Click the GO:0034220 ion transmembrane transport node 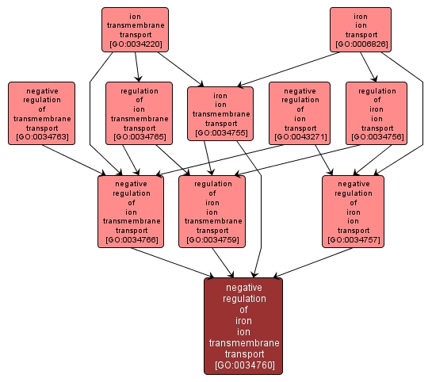coord(135,30)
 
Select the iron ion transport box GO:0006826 coord(361,30)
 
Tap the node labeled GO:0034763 coord(41,113)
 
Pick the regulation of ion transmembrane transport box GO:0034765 coord(140,113)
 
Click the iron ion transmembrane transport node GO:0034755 coord(220,114)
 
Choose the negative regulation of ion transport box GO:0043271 coord(300,113)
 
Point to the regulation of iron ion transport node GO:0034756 coord(377,113)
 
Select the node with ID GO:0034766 coord(131,212)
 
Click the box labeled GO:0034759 coord(212,212)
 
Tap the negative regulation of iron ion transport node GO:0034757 coord(354,212)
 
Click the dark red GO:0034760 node coord(243,326)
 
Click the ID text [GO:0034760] coord(245,365)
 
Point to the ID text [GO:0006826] coord(361,44)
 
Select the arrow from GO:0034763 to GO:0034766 coord(74,160)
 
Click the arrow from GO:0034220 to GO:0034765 coord(137,67)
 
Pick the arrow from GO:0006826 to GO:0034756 coord(369,67)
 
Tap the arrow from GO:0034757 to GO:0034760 coord(312,262)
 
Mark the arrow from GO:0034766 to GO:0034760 coord(173,262)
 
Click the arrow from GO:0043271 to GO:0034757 coord(324,160)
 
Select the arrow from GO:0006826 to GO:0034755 coord(288,70)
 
